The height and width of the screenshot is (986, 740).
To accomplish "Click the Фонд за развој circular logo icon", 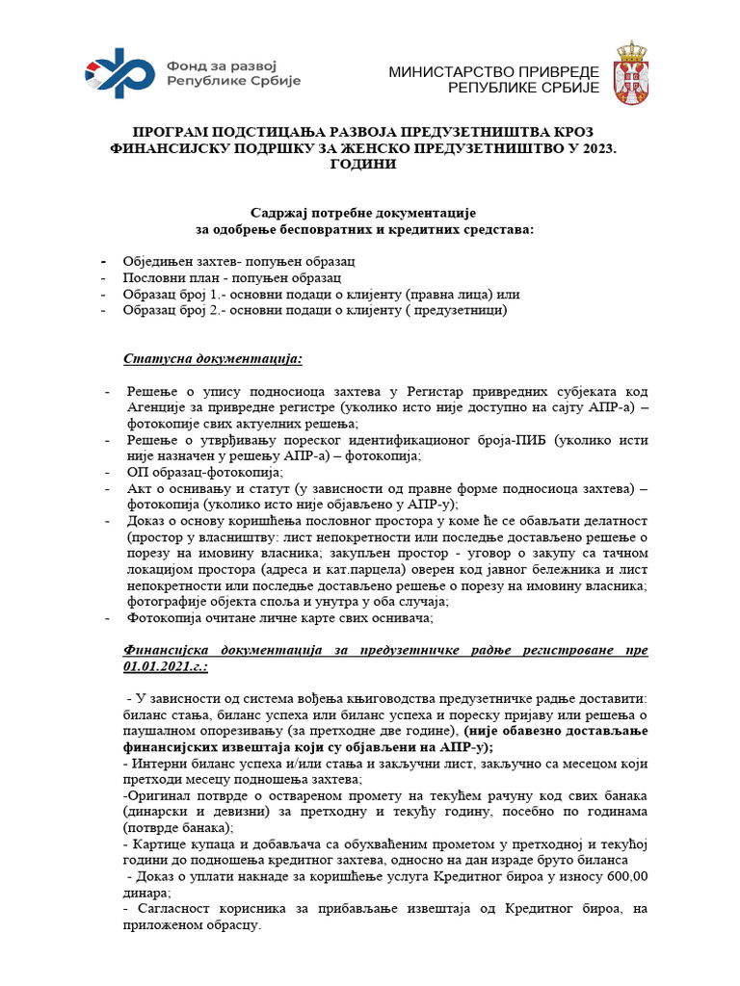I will point(121,73).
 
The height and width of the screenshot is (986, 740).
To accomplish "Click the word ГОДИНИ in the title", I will point(369,165).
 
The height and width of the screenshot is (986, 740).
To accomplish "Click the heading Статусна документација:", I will point(213,359).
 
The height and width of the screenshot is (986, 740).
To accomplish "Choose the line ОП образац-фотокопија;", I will point(205,472).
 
